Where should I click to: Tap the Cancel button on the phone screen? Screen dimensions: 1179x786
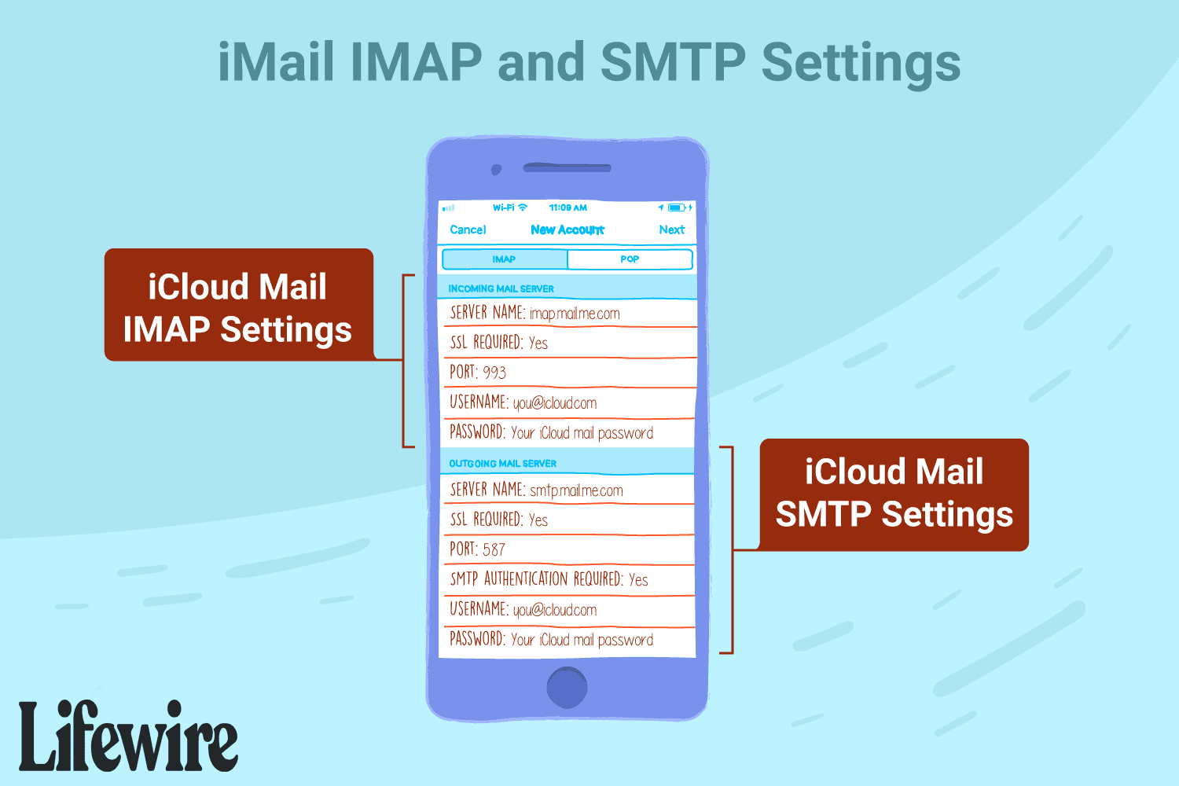point(468,230)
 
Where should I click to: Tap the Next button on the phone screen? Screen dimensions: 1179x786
point(671,230)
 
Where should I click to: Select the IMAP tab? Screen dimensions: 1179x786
point(505,259)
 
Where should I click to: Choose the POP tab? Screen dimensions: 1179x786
point(630,259)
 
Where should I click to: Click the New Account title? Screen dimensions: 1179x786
point(567,230)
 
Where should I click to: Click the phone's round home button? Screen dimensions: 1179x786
point(567,687)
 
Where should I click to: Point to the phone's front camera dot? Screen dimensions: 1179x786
point(496,170)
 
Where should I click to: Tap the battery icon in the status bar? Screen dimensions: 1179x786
point(676,208)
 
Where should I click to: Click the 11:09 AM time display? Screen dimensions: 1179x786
point(567,208)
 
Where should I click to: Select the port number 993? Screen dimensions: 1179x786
point(494,373)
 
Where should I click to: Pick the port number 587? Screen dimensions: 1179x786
point(494,549)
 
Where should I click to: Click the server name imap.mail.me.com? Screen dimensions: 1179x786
point(575,314)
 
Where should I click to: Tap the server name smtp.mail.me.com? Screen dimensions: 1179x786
point(576,490)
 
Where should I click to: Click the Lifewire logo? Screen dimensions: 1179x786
point(128,736)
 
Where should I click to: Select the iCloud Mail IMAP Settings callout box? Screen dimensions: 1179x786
point(239,304)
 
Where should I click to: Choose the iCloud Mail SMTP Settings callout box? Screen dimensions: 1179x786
point(894,495)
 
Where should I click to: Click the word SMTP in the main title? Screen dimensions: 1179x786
point(673,62)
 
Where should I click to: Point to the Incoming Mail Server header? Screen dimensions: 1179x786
point(501,288)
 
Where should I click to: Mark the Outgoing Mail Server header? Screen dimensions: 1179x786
point(503,463)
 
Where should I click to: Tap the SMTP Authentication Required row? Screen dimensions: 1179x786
point(567,579)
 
